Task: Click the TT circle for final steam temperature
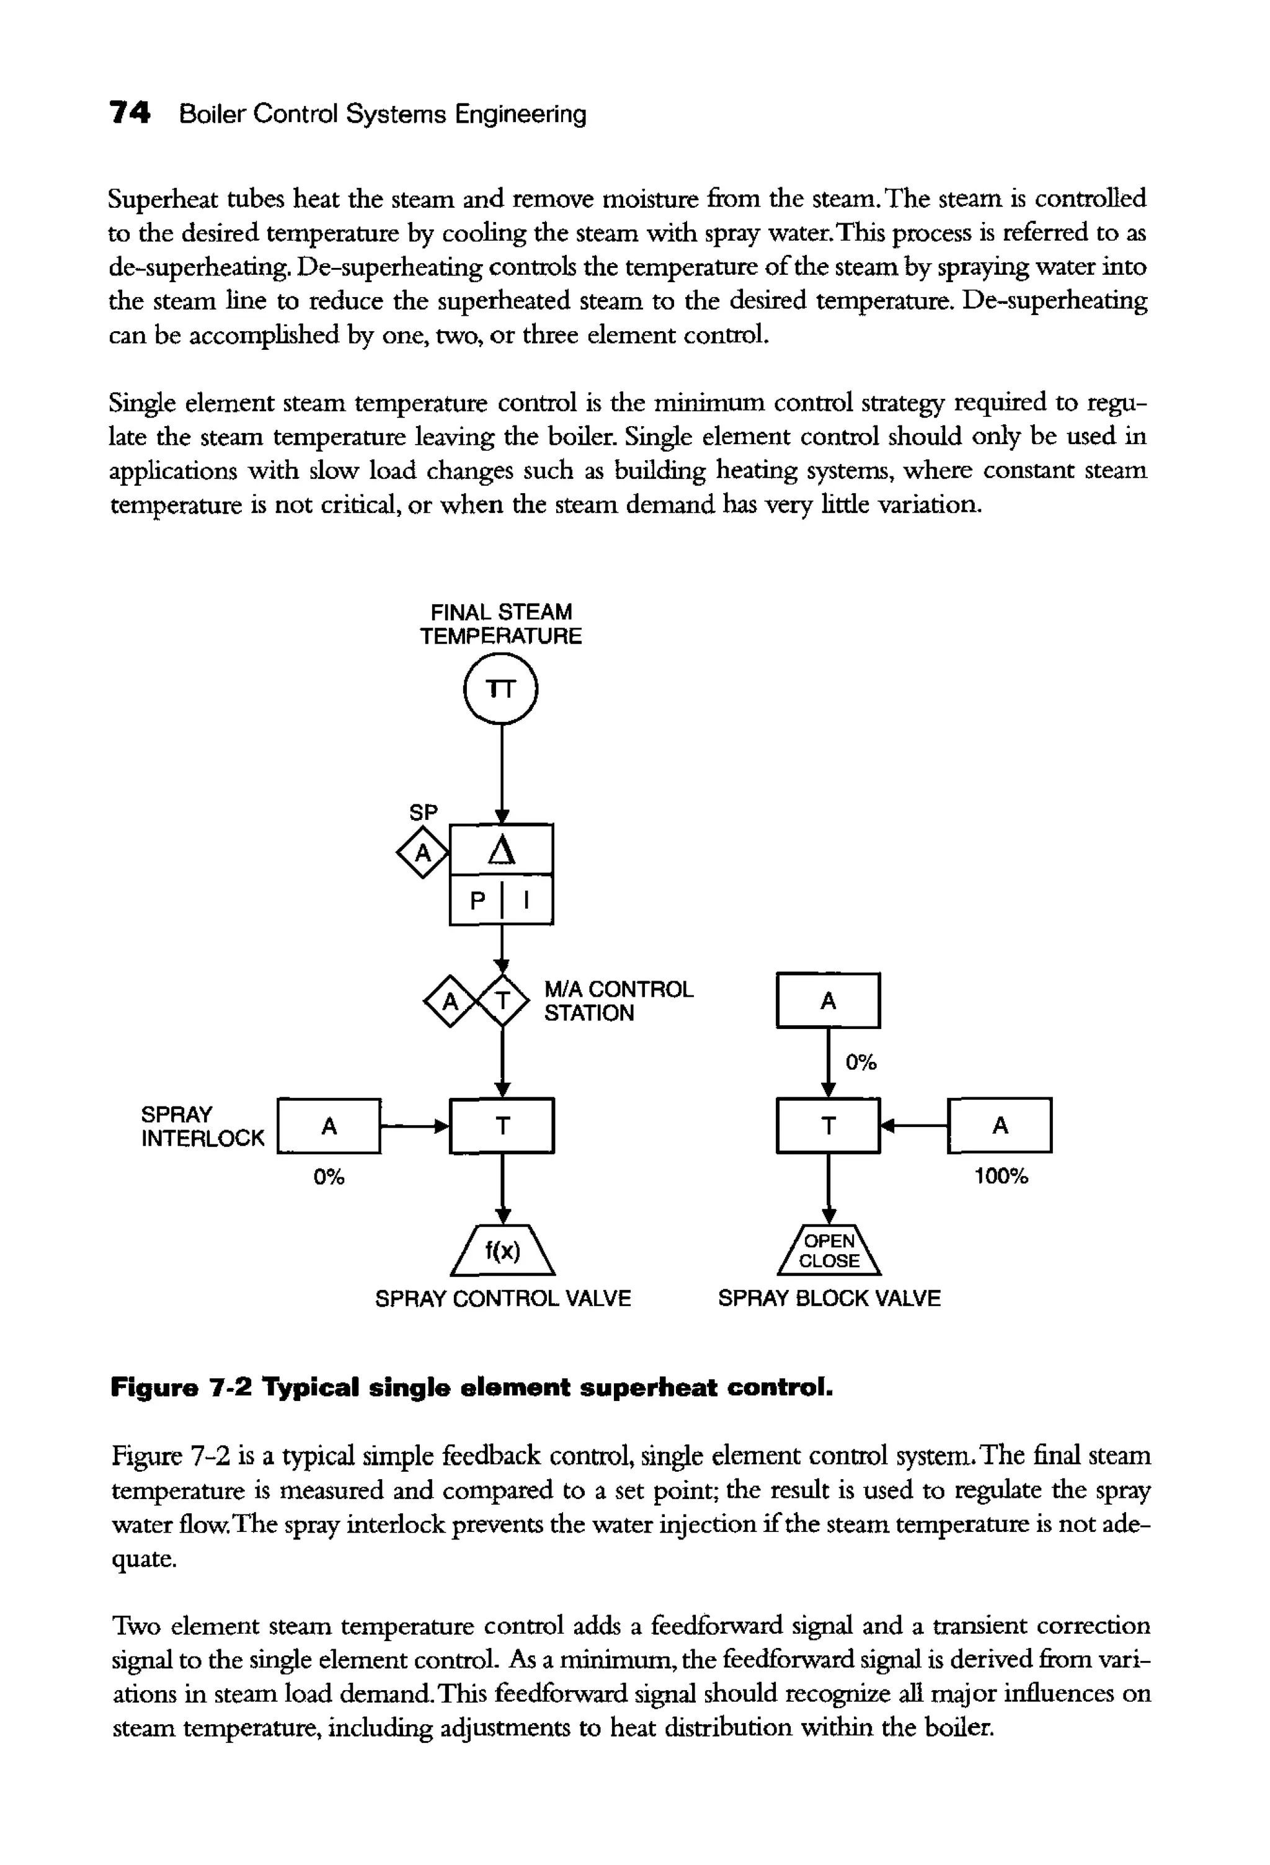(502, 689)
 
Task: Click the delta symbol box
(502, 849)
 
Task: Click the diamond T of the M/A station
(503, 1000)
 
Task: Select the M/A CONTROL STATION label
(618, 1000)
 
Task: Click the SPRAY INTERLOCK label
(202, 1126)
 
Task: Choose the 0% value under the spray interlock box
(329, 1177)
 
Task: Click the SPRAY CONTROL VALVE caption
(503, 1299)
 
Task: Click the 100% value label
(1000, 1177)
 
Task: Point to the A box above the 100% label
(1000, 1126)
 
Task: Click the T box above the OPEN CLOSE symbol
(828, 1126)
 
